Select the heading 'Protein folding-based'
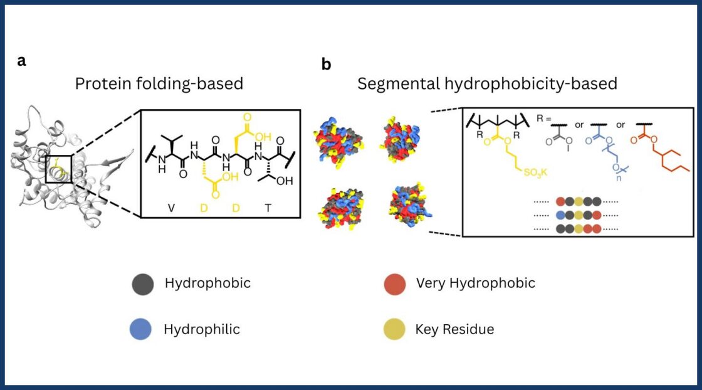click(159, 83)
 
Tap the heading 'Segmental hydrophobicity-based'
click(487, 83)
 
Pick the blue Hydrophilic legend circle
click(142, 329)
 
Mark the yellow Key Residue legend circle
click(394, 329)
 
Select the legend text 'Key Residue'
click(454, 329)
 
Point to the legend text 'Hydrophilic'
click(201, 329)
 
